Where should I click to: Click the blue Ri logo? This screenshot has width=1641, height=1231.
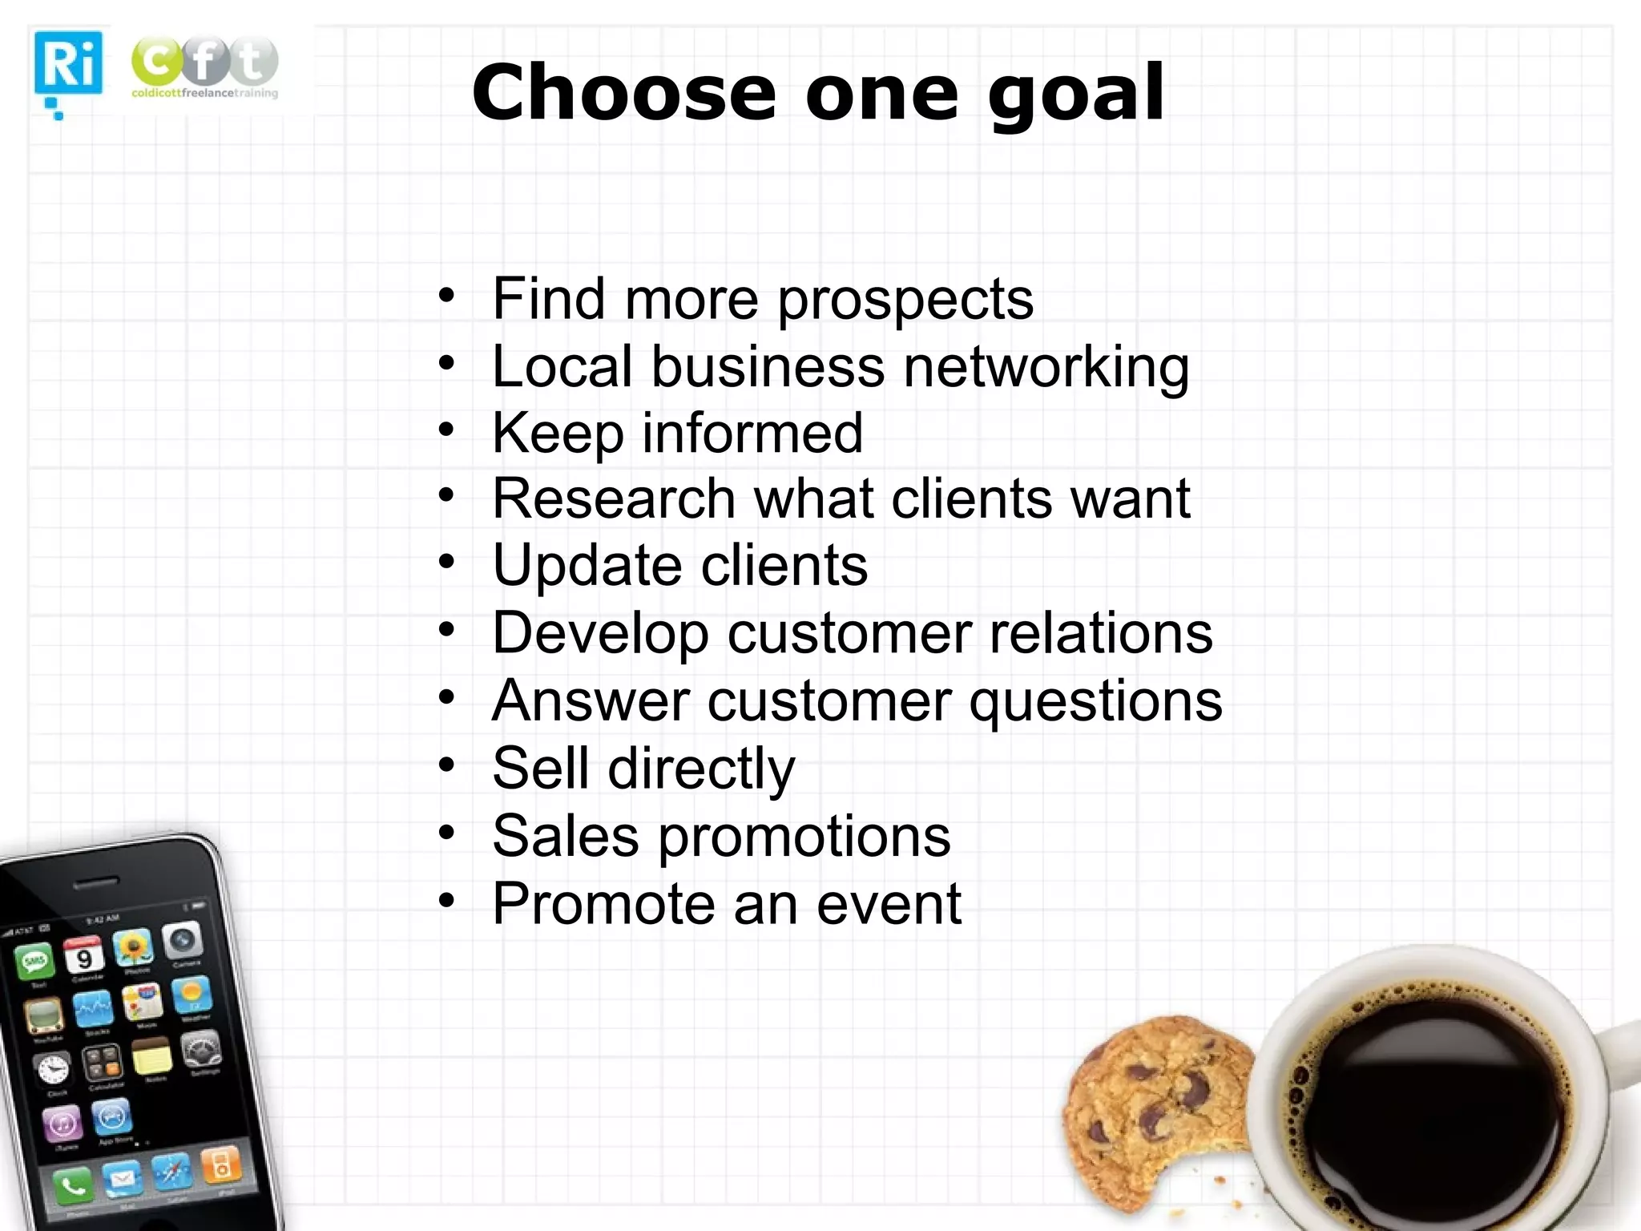pyautogui.click(x=68, y=64)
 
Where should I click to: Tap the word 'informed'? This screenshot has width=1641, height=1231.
pyautogui.click(x=752, y=434)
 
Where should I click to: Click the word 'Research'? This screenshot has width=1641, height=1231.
pyautogui.click(x=614, y=499)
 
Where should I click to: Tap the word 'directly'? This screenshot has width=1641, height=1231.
pyautogui.click(x=701, y=769)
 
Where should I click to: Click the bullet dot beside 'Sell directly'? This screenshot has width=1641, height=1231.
pyautogui.click(x=446, y=765)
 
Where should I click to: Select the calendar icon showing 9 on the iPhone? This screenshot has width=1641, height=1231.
pyautogui.click(x=83, y=957)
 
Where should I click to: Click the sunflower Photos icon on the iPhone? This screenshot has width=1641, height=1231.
pyautogui.click(x=134, y=948)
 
